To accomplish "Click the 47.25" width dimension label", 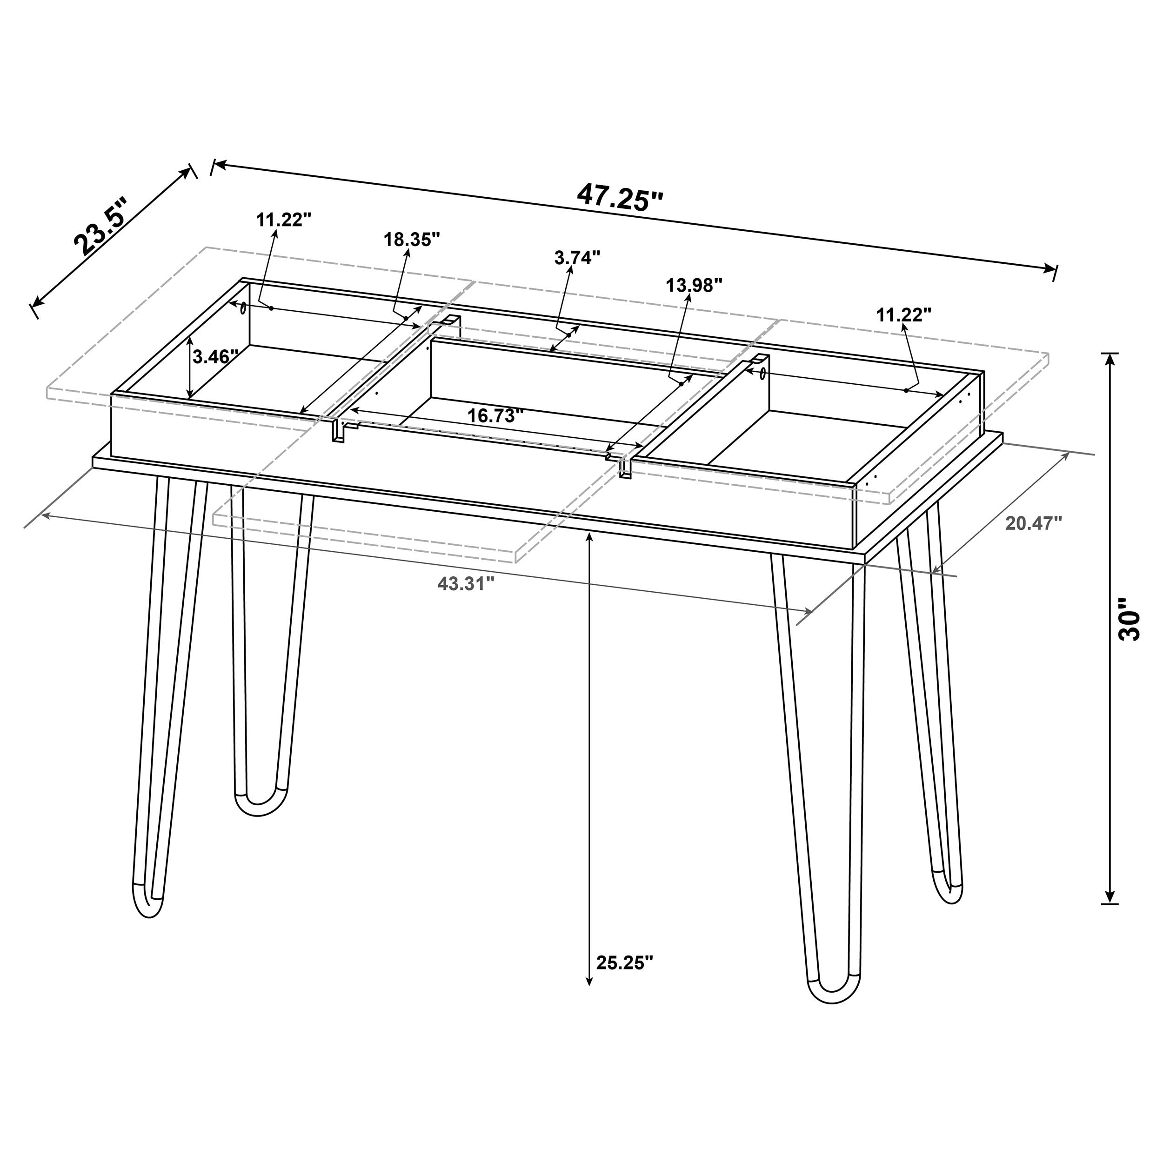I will coord(620,197).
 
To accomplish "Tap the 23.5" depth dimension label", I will coord(102,225).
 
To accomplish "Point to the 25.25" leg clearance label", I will coord(624,962).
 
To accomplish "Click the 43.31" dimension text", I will coord(466,583).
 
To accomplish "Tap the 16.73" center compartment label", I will coord(495,415).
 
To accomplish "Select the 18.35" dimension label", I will coord(412,240).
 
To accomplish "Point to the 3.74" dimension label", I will coord(577,258).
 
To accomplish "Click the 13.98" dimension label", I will coord(694,285).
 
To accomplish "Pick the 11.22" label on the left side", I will coord(283,220).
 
